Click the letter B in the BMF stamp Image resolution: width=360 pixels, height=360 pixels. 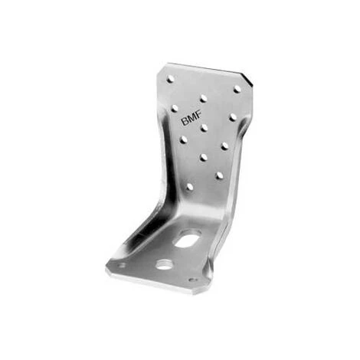(185, 122)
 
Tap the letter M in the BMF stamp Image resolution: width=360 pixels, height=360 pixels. (191, 119)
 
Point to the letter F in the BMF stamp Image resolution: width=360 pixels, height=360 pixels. (198, 117)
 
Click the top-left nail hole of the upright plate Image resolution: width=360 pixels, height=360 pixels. (170, 79)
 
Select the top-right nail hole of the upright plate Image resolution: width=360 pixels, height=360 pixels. (237, 90)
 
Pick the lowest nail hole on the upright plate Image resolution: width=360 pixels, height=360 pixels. (190, 187)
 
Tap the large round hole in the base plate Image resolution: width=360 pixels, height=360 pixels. (164, 264)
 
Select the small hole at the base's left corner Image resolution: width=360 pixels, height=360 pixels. (123, 265)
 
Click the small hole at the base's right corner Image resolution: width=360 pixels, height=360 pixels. (192, 280)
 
